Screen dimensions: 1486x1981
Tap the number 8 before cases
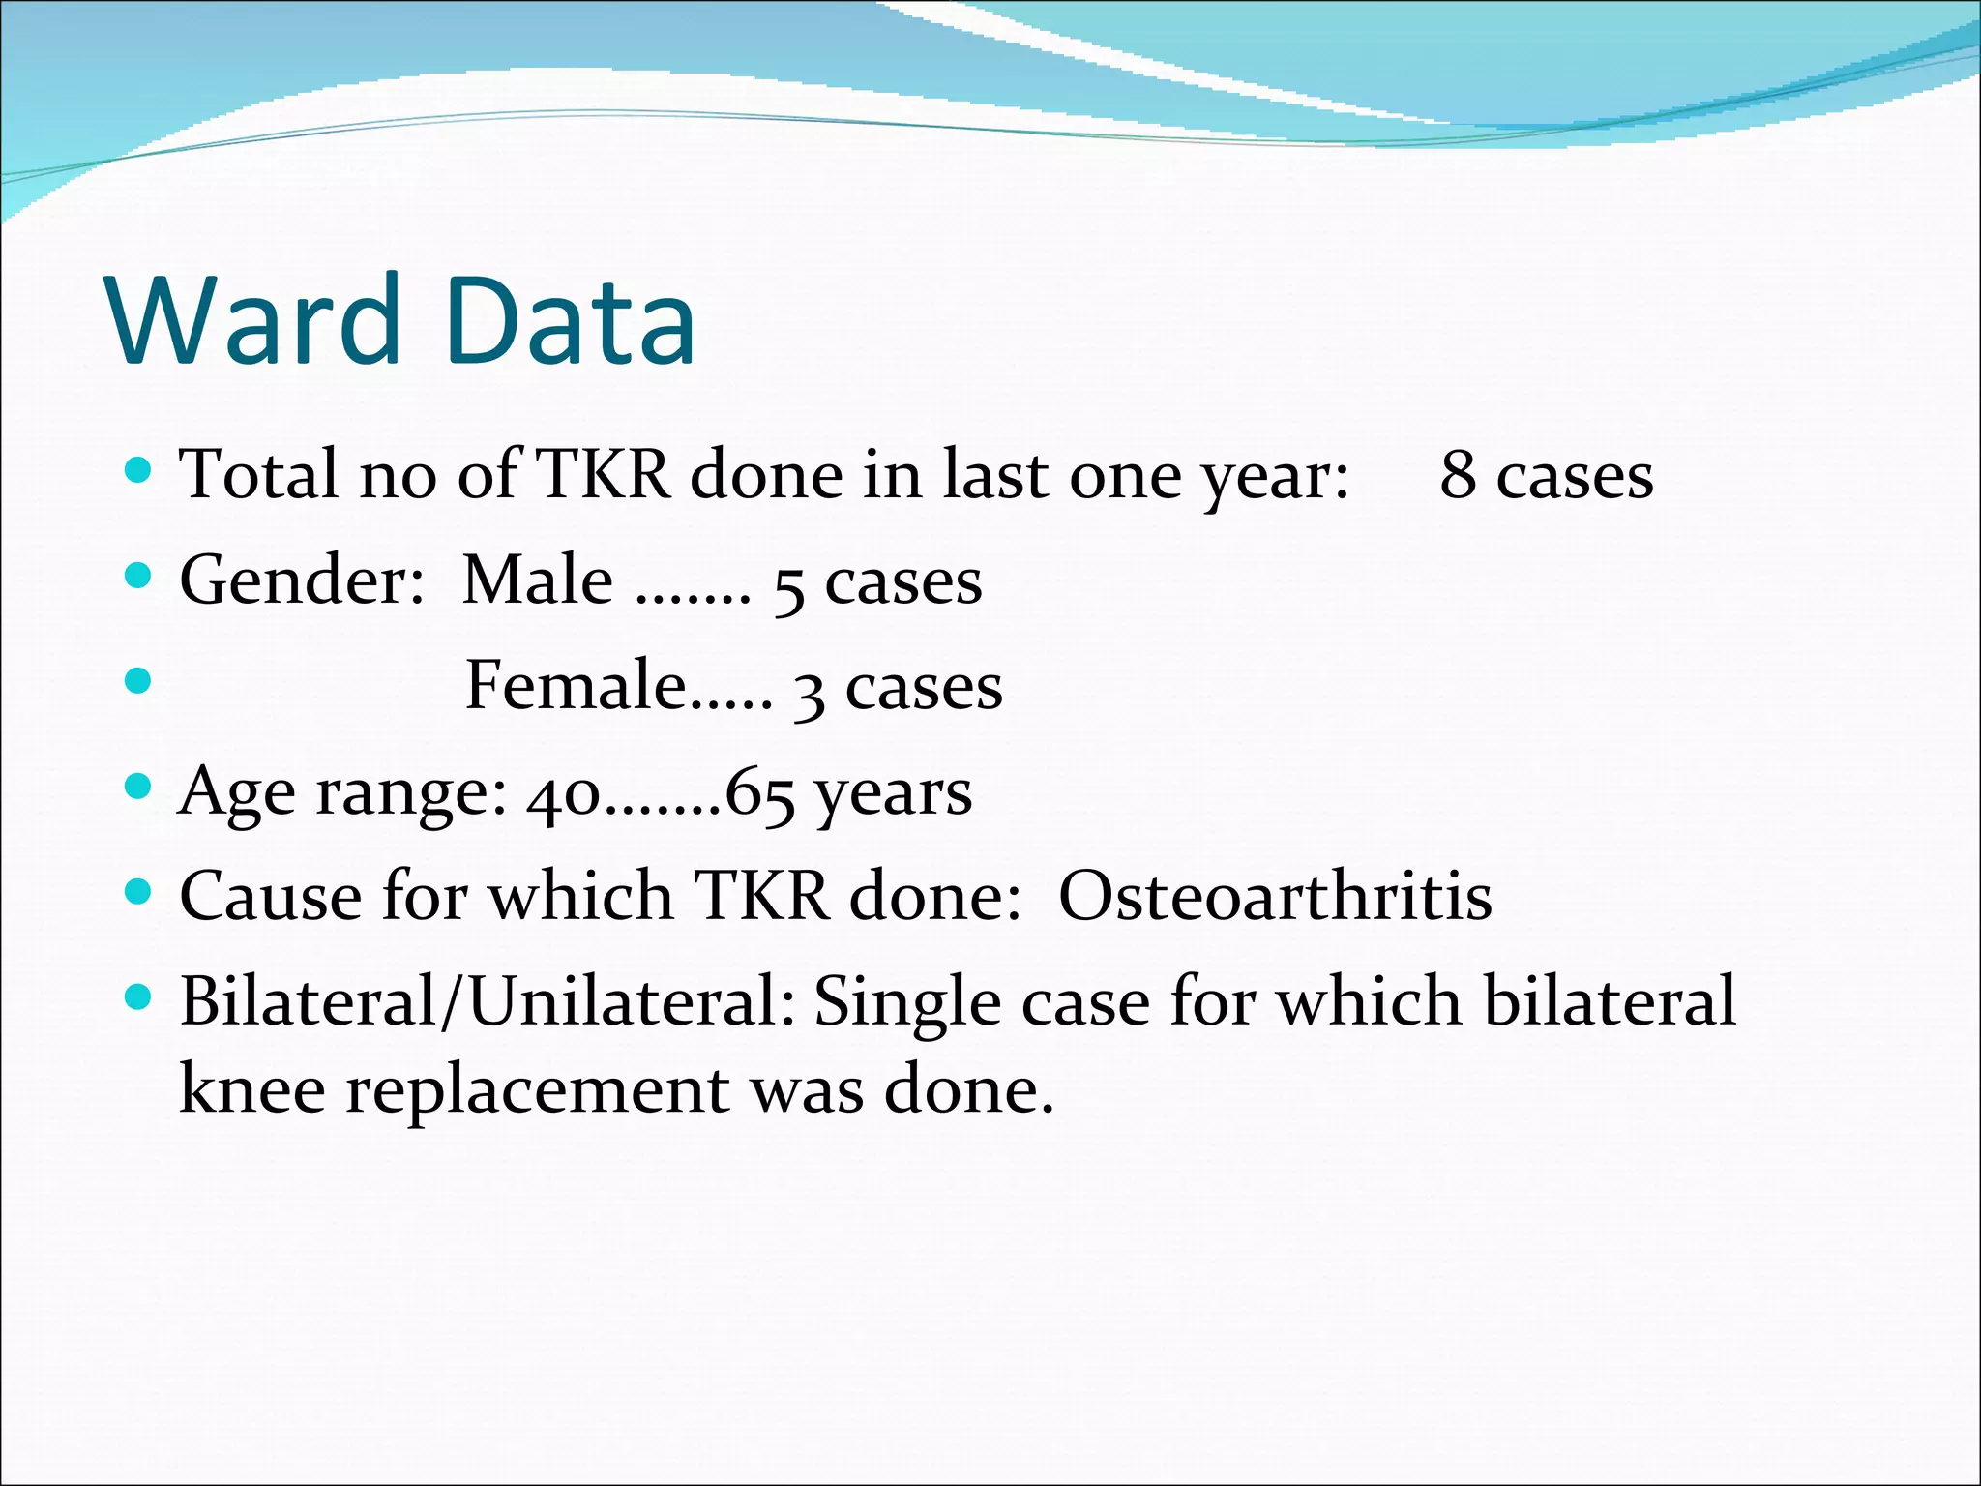(1459, 475)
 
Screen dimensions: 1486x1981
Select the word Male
(538, 580)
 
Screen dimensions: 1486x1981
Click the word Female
(577, 686)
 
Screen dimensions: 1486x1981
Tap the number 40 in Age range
(564, 795)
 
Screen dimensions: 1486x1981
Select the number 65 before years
(760, 795)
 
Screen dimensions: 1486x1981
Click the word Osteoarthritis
(1275, 896)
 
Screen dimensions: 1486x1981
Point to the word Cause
(270, 896)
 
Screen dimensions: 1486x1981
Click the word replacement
(538, 1091)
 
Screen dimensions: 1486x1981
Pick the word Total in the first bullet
(259, 475)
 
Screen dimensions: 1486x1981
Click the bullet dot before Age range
(139, 787)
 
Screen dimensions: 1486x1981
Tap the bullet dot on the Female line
(139, 681)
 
